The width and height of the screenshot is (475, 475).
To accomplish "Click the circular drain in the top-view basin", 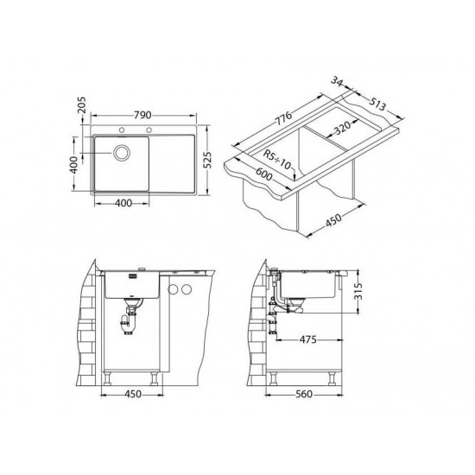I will click(120, 155).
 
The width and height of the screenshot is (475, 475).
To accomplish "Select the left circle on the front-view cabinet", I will click(173, 289).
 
